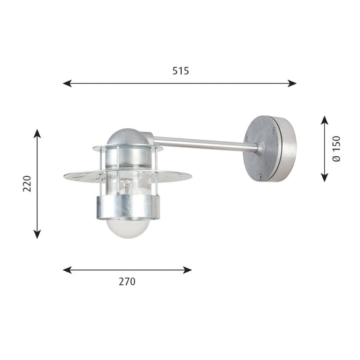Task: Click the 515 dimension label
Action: pos(181,71)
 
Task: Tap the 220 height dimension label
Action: pos(27,184)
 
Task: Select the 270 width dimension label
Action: pos(127,282)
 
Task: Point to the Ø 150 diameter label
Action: pos(336,149)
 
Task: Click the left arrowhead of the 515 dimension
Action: pos(68,83)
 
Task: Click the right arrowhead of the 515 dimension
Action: pos(292,83)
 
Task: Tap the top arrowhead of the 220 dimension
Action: pos(37,134)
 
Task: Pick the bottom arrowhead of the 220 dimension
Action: pos(37,234)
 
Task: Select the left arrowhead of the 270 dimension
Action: pos(68,270)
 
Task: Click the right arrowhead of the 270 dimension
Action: pos(187,270)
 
